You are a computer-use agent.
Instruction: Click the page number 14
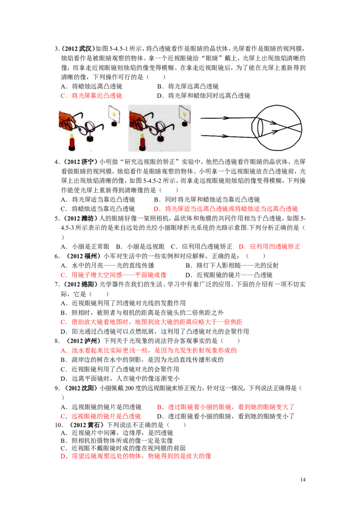tap(303, 479)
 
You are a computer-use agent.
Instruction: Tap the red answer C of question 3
tap(91, 95)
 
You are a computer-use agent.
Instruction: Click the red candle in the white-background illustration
tap(72, 142)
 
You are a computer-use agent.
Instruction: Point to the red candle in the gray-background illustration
tap(142, 142)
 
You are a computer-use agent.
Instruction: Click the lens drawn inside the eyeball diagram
tap(259, 128)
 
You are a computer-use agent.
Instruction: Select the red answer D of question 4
tap(226, 209)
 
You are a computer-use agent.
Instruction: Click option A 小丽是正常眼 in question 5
tap(85, 246)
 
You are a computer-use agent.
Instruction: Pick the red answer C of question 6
tap(114, 275)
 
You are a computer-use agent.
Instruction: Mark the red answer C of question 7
tap(152, 321)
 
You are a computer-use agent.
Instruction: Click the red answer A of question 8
tap(149, 350)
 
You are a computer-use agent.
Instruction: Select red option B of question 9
tap(226, 407)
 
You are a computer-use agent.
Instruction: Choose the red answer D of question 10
tap(136, 456)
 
